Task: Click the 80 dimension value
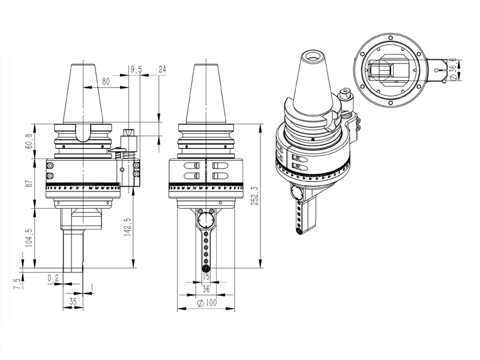(x=106, y=81)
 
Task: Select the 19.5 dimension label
(x=136, y=70)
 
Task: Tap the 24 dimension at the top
(x=162, y=70)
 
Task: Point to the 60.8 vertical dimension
(x=28, y=142)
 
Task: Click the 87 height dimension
(x=28, y=184)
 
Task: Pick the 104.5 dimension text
(x=28, y=238)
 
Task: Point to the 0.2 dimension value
(x=53, y=277)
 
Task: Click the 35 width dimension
(x=72, y=301)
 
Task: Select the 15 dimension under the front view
(x=206, y=277)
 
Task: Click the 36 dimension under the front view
(x=206, y=289)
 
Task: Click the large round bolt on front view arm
(x=206, y=218)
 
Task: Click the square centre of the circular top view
(x=389, y=71)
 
